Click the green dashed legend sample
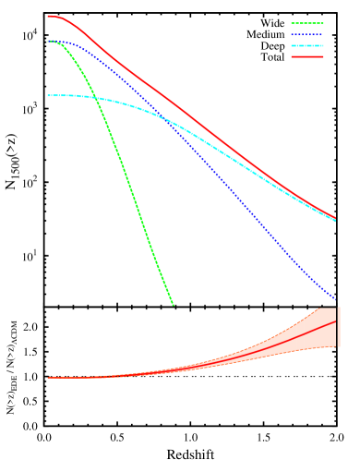tap(307, 24)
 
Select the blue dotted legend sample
tap(307, 35)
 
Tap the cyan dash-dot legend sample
tap(307, 46)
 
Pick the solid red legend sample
tap(307, 57)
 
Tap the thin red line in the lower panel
tap(277, 343)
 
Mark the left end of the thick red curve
tap(48, 16)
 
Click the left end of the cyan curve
tap(48, 95)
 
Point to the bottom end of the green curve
tap(173, 304)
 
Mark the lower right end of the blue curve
tap(335, 297)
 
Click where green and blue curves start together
tap(49, 41)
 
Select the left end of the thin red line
tap(48, 377)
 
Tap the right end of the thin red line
tap(335, 321)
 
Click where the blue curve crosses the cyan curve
tap(166, 118)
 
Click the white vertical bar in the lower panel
tap(339, 327)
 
